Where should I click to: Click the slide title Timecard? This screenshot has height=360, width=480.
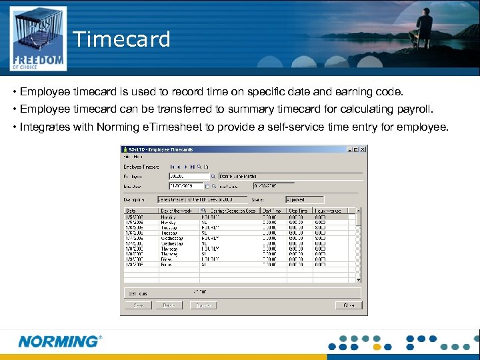[x=122, y=39]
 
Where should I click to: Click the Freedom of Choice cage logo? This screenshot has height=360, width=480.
[x=38, y=39]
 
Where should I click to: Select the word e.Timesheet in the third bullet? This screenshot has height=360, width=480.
[x=199, y=127]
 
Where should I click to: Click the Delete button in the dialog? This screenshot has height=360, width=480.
[x=169, y=305]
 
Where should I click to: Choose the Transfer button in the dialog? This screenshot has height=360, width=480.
[x=203, y=305]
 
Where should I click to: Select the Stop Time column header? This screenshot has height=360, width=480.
[x=299, y=211]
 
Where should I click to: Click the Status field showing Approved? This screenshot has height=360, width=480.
[x=304, y=199]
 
